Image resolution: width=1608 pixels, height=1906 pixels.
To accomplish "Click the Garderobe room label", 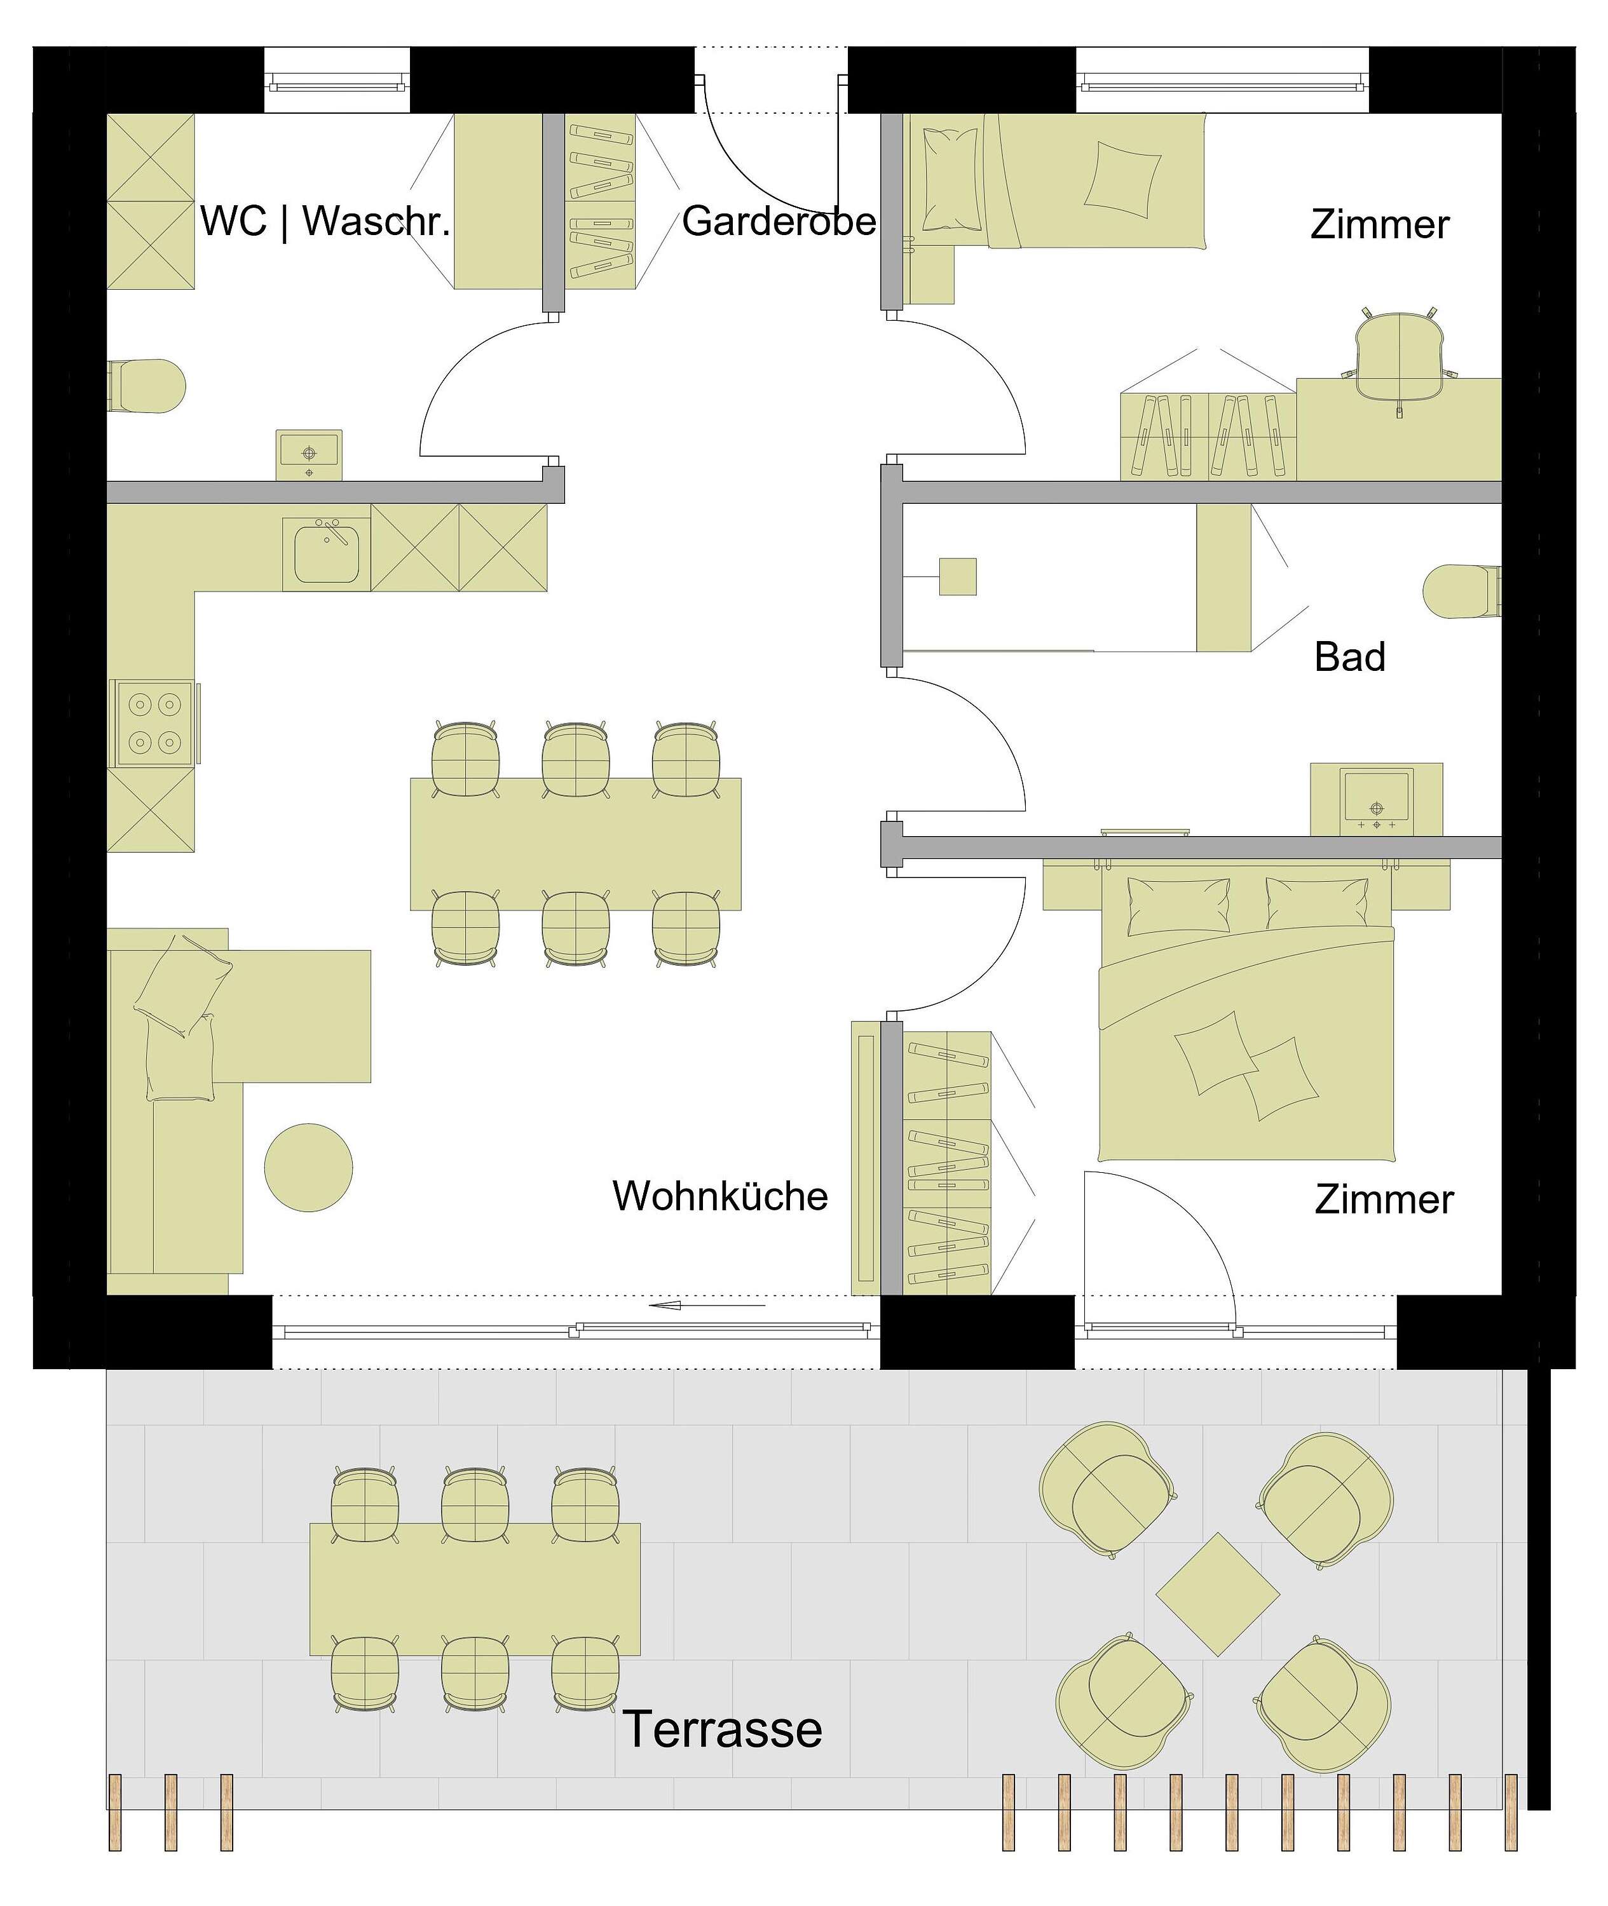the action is tap(779, 221).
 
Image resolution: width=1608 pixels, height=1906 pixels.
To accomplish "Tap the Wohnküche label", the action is tap(720, 1196).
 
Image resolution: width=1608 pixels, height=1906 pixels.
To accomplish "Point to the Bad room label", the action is tap(1349, 657).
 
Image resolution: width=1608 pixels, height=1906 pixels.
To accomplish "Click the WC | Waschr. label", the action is tap(325, 221).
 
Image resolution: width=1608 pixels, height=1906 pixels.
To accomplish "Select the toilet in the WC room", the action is tap(146, 386).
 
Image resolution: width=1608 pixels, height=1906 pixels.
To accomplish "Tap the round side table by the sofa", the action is tap(309, 1167).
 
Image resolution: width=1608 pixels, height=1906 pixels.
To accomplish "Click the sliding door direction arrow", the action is tap(707, 1306).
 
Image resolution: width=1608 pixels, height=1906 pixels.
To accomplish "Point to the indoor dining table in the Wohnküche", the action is tap(575, 844).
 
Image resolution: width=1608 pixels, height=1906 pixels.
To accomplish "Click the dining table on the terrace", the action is tap(475, 1589).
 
